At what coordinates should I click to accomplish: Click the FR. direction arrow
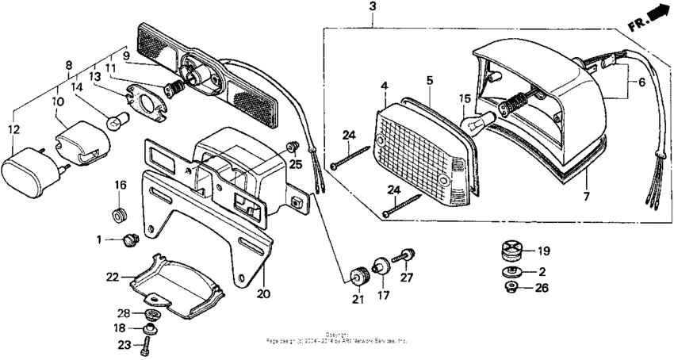coord(652,18)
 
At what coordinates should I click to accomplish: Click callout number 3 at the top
coord(373,7)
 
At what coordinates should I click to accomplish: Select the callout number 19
coord(544,251)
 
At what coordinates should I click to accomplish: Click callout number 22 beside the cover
coord(113,277)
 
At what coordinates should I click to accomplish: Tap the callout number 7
coord(588,194)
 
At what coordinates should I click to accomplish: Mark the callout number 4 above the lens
coord(384,85)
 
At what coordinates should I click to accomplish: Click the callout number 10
coord(59,101)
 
